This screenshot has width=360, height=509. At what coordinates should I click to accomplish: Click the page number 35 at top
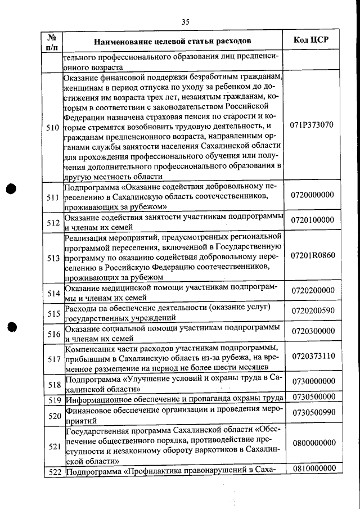click(x=186, y=22)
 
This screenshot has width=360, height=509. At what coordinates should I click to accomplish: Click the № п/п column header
click(x=52, y=42)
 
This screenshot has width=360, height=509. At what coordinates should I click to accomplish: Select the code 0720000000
click(x=313, y=195)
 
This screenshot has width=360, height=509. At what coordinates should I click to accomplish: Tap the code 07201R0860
click(x=313, y=255)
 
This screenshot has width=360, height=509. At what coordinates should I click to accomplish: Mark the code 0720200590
click(x=313, y=310)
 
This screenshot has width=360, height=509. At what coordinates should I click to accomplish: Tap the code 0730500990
click(x=313, y=412)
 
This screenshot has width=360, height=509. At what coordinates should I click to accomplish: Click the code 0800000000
click(x=313, y=443)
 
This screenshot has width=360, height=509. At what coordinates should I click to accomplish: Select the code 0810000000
click(x=313, y=469)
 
